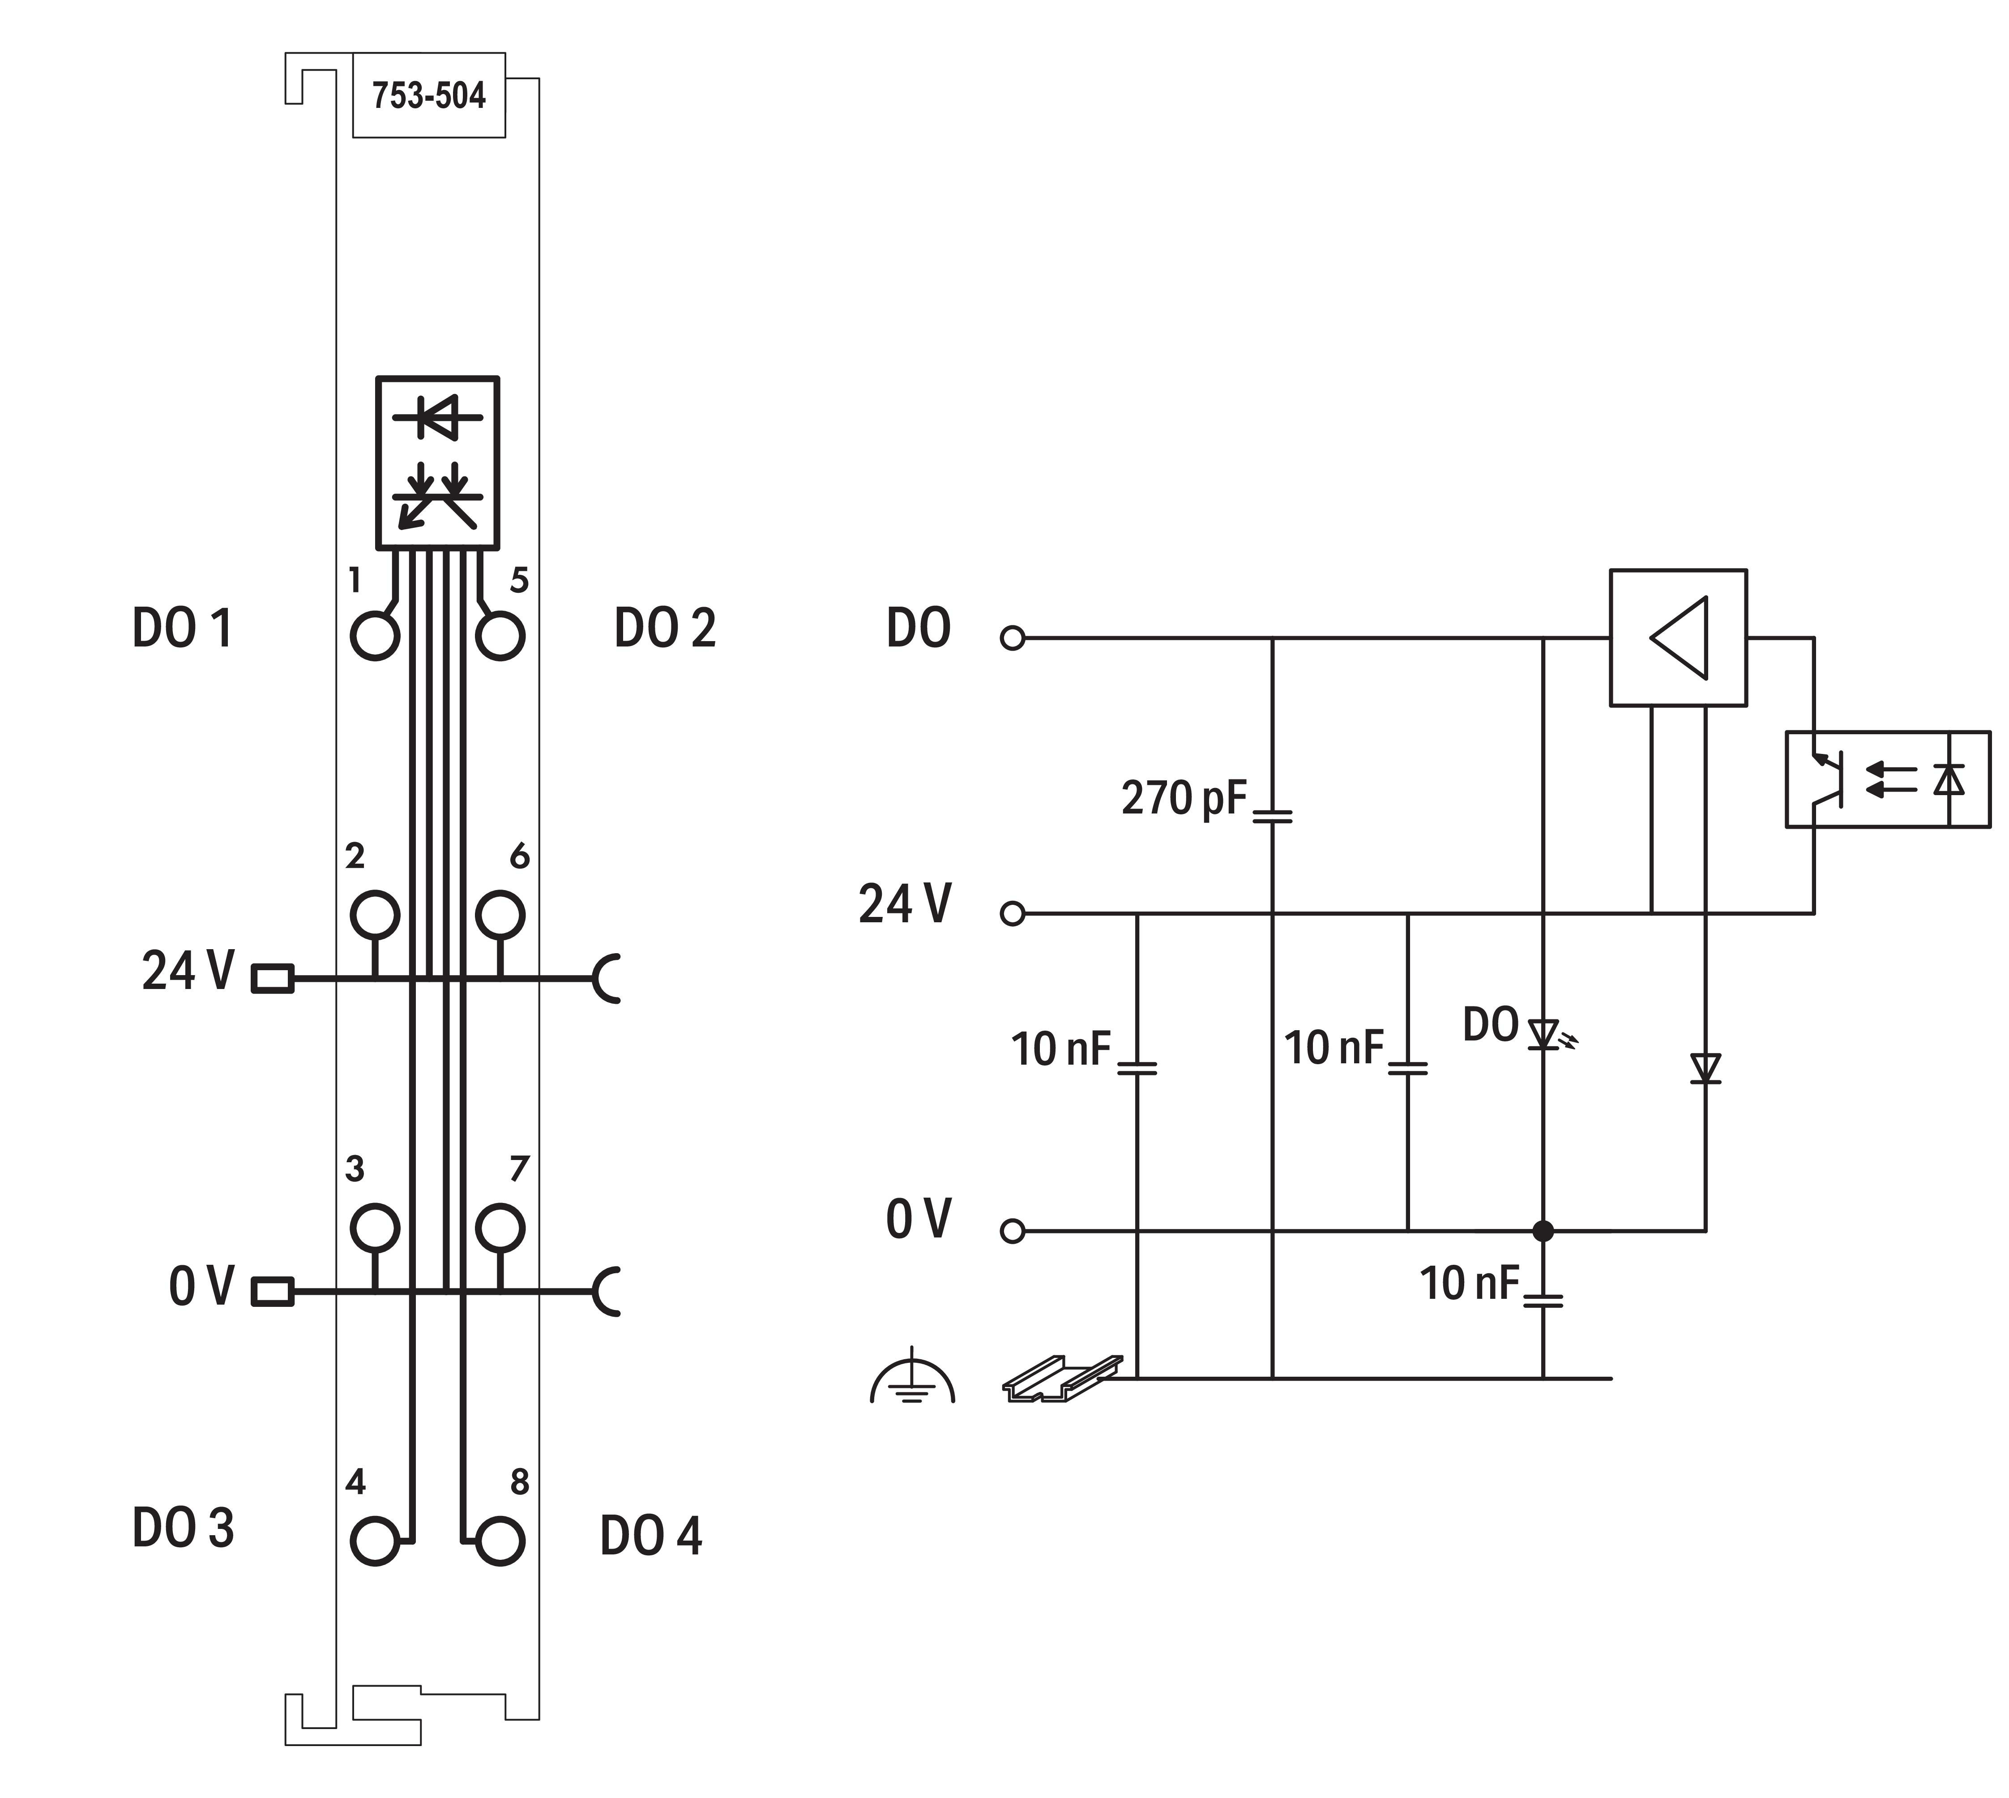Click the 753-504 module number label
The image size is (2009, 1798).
tap(429, 96)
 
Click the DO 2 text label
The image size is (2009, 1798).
tap(665, 627)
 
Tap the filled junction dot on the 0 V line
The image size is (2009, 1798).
tap(1543, 1231)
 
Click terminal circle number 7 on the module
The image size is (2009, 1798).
tap(500, 1228)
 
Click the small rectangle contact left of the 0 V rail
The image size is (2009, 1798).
tap(273, 1291)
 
